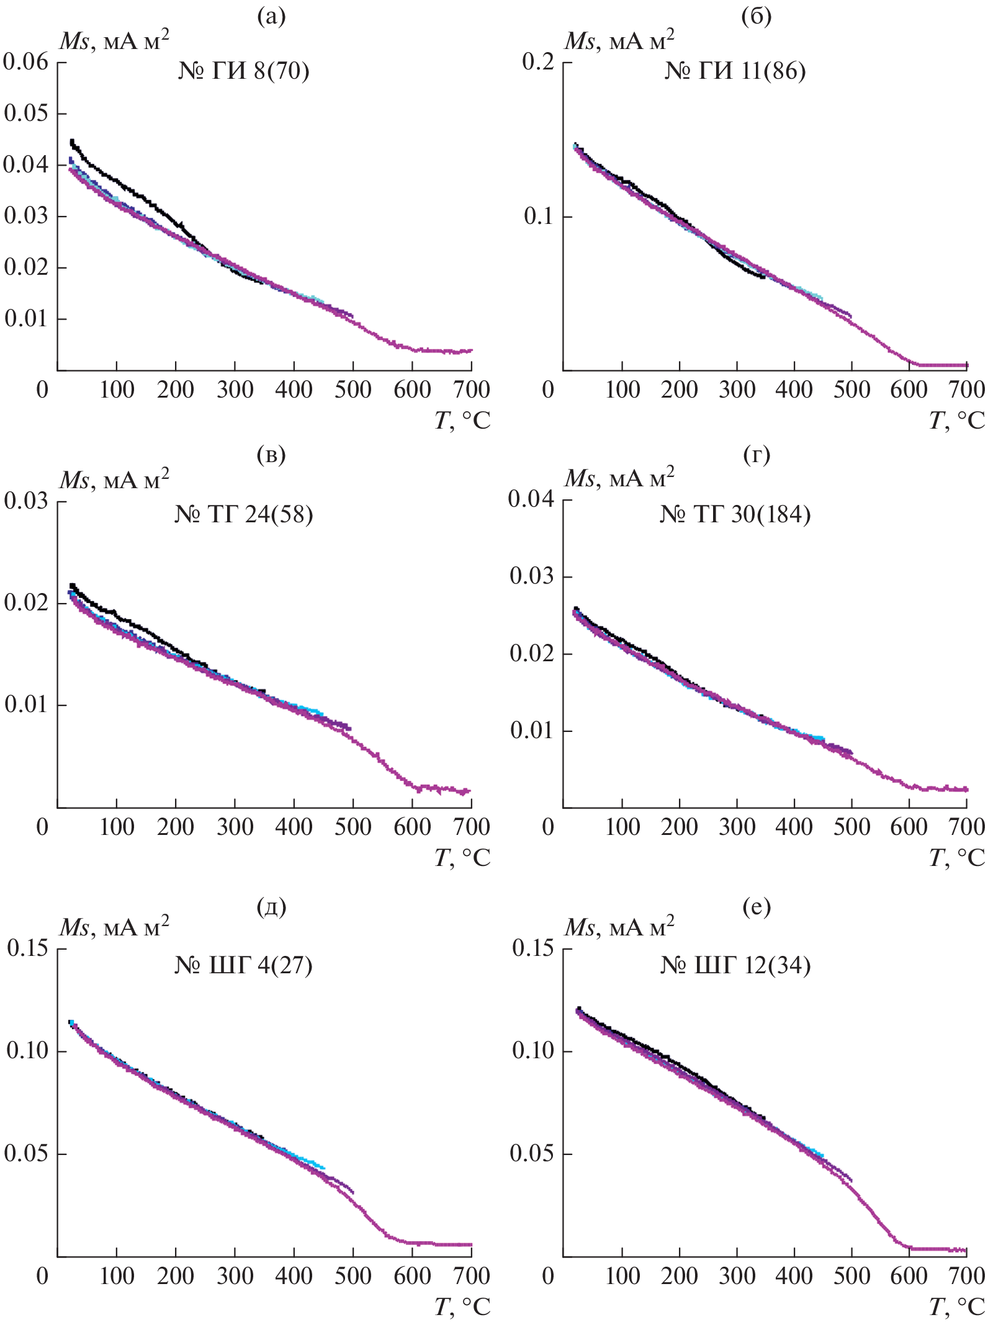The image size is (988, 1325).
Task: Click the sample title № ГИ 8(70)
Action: [x=243, y=71]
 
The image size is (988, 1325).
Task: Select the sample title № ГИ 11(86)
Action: [x=735, y=71]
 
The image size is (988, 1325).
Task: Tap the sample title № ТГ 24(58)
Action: [x=243, y=514]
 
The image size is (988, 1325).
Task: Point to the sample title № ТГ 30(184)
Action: [x=735, y=514]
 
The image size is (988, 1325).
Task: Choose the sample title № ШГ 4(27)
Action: [x=243, y=965]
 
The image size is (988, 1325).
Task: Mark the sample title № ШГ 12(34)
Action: [x=735, y=965]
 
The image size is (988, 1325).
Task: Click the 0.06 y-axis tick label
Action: [x=25, y=62]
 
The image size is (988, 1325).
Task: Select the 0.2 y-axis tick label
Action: [x=537, y=62]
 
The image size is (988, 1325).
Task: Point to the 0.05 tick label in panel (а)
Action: [x=26, y=114]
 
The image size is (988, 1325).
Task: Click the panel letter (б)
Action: [x=756, y=17]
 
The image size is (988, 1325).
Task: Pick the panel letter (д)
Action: [x=271, y=907]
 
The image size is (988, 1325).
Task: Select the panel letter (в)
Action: [x=271, y=455]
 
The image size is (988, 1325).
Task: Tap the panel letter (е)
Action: [x=756, y=907]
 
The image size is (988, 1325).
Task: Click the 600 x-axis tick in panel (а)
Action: [x=412, y=390]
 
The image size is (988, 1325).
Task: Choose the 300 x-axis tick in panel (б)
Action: [x=737, y=390]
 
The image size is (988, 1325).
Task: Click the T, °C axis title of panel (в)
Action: [x=462, y=857]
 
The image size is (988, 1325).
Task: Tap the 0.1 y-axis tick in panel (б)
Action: [x=539, y=217]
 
